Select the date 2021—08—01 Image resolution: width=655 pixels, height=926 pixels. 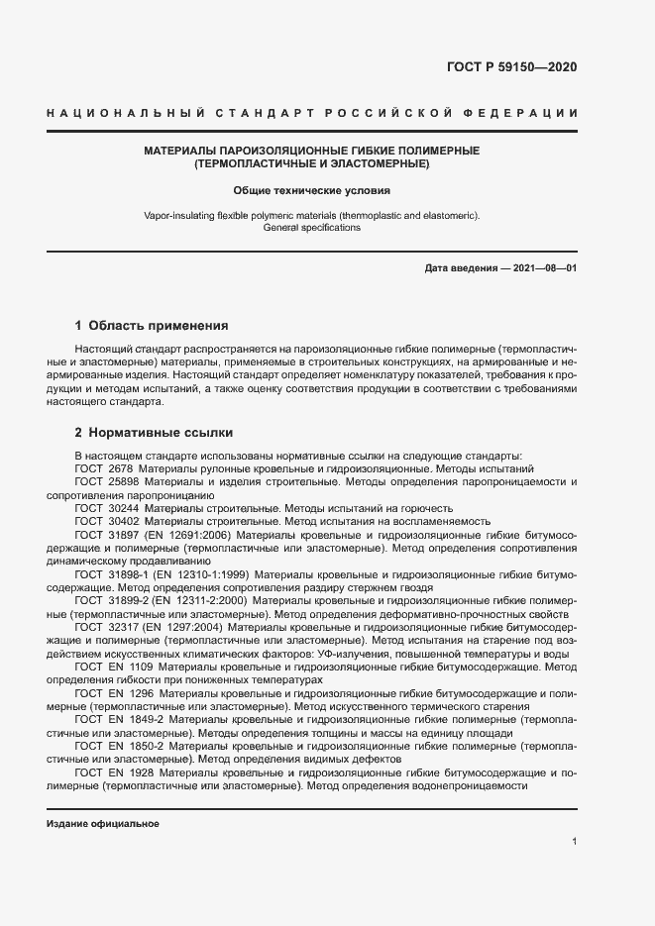coord(543,268)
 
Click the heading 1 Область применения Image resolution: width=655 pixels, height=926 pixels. coord(152,325)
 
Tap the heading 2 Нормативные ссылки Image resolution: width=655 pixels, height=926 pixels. coord(155,433)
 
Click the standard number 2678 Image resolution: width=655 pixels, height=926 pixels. coord(119,467)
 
